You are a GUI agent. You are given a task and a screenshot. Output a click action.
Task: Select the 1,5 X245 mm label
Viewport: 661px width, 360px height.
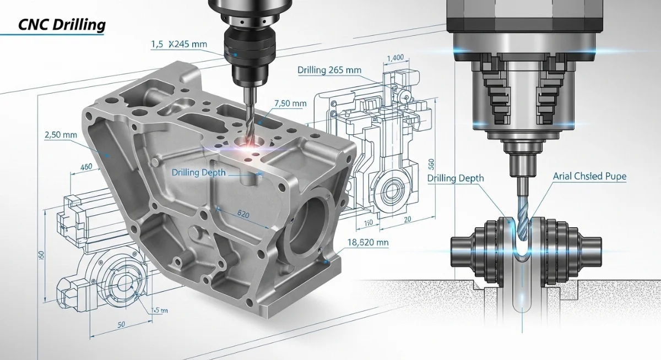[x=176, y=44]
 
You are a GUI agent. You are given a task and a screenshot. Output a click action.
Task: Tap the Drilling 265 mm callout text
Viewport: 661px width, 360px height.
[x=330, y=70]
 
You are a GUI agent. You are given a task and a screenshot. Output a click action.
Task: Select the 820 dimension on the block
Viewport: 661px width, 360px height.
[x=243, y=213]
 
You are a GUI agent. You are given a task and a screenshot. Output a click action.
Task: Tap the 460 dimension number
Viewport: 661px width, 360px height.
[x=86, y=167]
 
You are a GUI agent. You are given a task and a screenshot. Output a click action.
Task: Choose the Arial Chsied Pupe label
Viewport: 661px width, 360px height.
[x=590, y=177]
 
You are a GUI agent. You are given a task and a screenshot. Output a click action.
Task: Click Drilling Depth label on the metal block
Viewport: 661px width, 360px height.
[x=199, y=172]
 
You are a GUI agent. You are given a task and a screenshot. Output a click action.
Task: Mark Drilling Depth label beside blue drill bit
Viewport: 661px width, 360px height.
[x=456, y=178]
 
